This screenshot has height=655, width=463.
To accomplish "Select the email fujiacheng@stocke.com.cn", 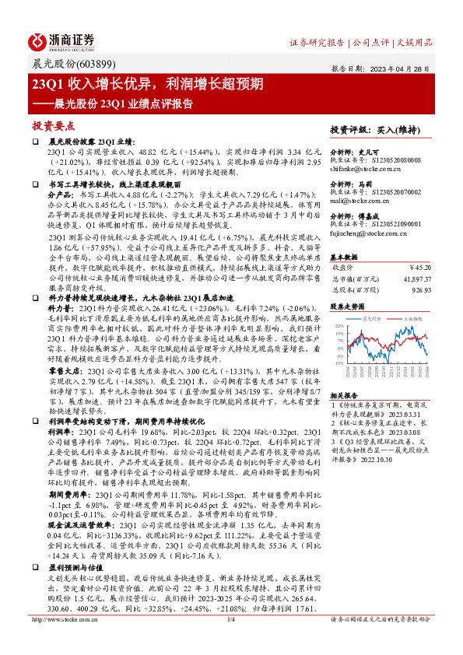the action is coord(366,233).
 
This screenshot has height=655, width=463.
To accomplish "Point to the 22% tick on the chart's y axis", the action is coord(338,327).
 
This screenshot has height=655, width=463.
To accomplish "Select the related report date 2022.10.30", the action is coord(373,460).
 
